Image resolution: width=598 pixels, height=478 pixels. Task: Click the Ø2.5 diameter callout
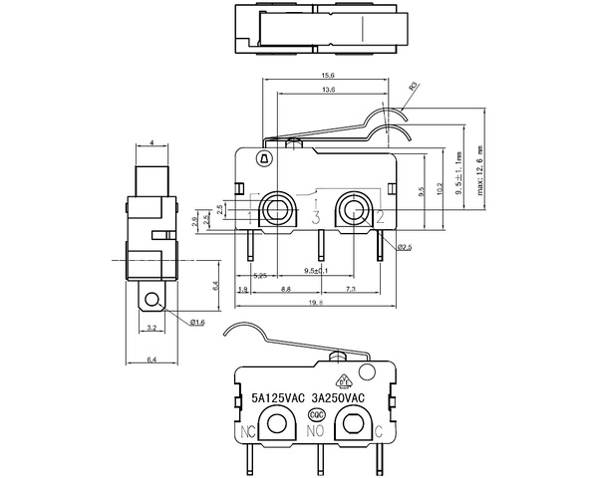(405, 246)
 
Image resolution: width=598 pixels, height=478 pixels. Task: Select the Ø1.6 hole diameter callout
(196, 322)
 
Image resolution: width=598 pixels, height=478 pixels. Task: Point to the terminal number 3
(315, 217)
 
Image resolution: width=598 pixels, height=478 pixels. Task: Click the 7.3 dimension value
(351, 289)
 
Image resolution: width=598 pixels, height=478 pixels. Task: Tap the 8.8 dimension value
(285, 289)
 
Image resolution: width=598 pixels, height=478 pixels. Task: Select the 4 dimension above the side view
(150, 143)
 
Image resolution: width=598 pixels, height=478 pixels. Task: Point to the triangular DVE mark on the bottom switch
(345, 380)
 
